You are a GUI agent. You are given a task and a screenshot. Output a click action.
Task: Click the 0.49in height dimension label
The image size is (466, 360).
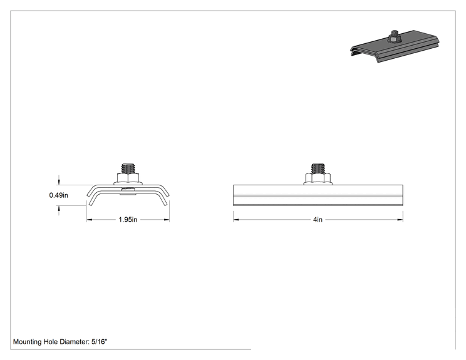[x=58, y=195]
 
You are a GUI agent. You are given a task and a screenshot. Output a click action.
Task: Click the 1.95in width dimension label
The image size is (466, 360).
[x=128, y=220]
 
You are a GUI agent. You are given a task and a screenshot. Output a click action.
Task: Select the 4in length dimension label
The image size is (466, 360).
[x=318, y=220]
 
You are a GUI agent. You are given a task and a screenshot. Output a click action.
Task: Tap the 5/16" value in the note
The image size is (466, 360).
[x=99, y=342]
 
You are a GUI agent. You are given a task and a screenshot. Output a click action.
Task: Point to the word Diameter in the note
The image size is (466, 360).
[x=75, y=342]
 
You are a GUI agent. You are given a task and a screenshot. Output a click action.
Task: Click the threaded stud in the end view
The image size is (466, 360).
[x=128, y=168]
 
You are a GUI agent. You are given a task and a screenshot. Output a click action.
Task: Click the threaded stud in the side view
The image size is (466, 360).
[x=318, y=168]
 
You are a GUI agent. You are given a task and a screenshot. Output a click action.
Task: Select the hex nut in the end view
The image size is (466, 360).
[x=128, y=178]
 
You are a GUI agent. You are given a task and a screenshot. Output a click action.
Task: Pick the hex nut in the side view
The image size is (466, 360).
[x=318, y=178]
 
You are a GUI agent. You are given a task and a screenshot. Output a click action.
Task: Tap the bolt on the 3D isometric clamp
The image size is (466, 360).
[x=395, y=36]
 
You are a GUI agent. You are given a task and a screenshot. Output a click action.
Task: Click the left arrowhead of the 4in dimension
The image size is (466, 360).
[x=236, y=220]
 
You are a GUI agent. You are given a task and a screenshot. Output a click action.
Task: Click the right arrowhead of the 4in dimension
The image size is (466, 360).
[x=400, y=220]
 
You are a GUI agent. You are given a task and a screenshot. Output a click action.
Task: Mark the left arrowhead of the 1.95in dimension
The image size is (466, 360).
[x=90, y=220]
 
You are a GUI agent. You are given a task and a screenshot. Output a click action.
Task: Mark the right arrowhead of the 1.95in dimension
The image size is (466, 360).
[x=167, y=220]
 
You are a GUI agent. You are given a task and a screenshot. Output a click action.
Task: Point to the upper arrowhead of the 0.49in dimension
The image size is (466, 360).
[x=59, y=182]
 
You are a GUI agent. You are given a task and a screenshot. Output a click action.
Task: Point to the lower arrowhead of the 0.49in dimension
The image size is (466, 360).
[x=59, y=208]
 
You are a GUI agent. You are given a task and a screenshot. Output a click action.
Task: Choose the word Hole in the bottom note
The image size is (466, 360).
[x=51, y=342]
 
